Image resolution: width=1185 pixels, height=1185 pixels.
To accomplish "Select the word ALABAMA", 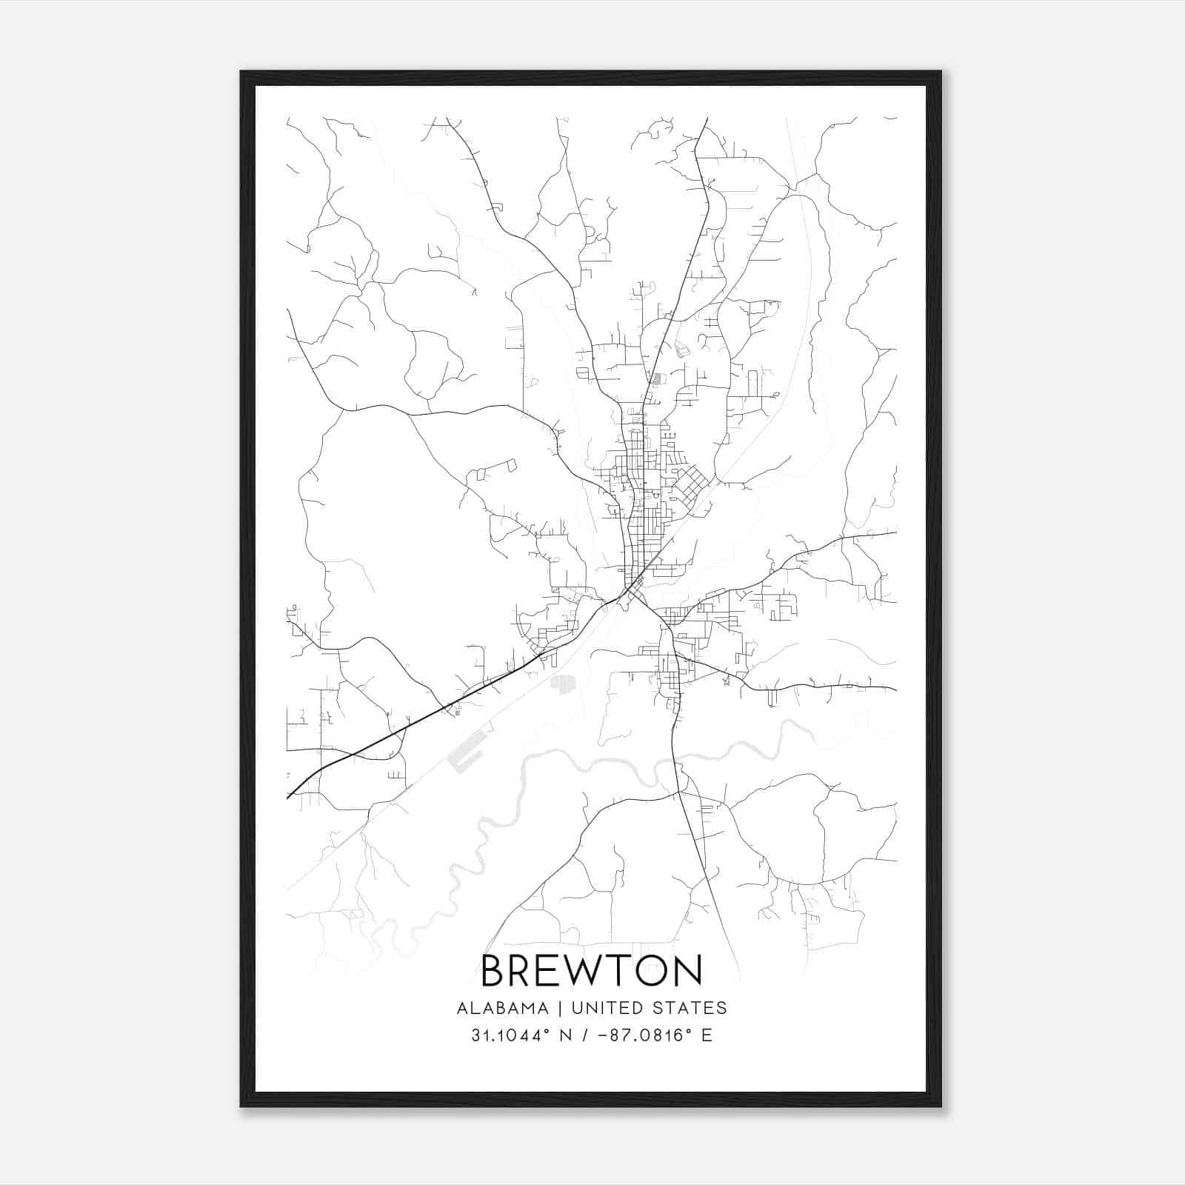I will pos(503,1008).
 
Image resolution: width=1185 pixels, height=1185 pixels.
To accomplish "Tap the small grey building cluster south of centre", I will pos(563,682).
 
